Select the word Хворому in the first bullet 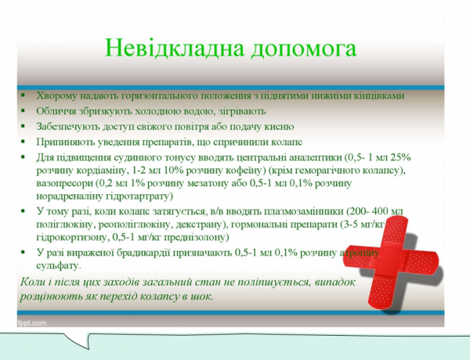coord(56,95)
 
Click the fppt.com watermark coord(31,322)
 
